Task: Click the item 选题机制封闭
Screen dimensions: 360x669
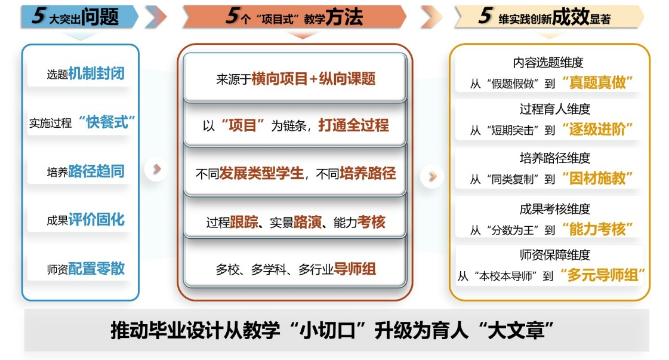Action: point(85,74)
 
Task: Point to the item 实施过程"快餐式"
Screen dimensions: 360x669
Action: point(82,122)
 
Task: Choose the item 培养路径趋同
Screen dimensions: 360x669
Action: point(85,172)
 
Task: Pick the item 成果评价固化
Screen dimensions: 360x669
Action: point(85,220)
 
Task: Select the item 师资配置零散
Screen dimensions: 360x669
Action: point(85,269)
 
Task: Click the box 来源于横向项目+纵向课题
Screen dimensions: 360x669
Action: point(295,78)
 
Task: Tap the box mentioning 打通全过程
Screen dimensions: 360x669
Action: point(295,125)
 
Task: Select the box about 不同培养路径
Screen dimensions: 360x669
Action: point(295,174)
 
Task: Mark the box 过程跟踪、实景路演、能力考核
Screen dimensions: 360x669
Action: point(295,223)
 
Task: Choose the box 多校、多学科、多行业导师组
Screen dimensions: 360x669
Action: point(295,269)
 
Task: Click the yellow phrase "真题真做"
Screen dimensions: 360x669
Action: point(597,82)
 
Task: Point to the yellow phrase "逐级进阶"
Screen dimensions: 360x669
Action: point(597,129)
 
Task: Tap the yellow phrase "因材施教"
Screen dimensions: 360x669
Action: point(597,178)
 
